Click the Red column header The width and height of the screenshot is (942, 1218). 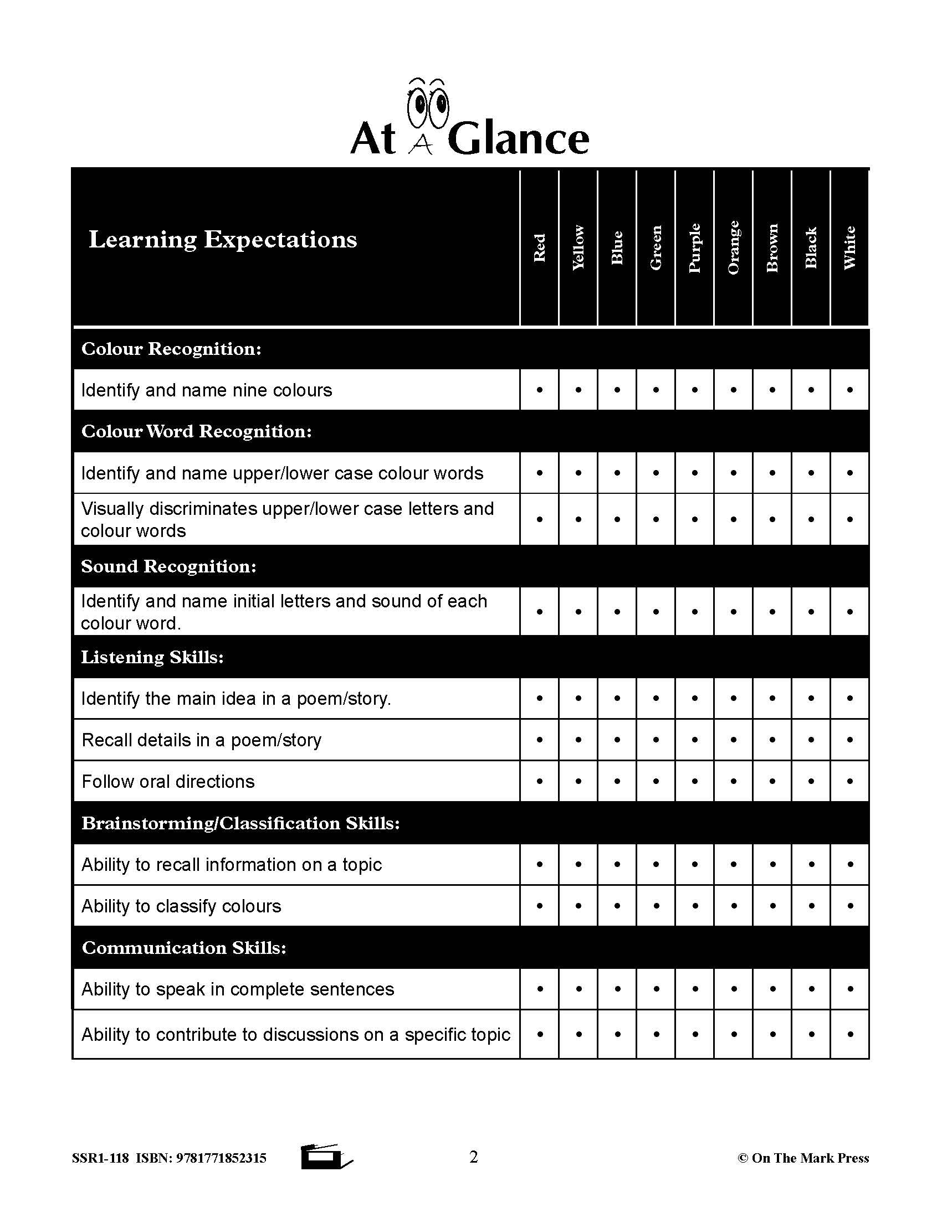pos(539,248)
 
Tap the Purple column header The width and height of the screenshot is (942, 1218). pos(694,248)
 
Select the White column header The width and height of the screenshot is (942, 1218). pos(849,248)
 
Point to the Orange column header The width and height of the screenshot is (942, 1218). pos(733,248)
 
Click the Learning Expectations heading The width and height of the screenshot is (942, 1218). pos(223,240)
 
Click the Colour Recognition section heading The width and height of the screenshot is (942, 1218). pos(171,349)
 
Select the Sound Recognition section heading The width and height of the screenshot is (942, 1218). pos(168,566)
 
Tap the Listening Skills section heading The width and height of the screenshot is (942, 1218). pos(152,658)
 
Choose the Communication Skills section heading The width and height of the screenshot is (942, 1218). pos(184,948)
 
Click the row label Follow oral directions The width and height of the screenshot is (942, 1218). pos(168,782)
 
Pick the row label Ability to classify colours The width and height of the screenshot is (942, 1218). pos(181,906)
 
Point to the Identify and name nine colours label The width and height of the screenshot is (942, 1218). pos(207,390)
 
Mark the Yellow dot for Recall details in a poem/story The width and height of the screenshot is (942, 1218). pos(578,740)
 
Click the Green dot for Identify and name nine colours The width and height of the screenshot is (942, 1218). pos(656,390)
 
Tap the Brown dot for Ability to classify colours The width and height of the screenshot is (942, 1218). pos(772,906)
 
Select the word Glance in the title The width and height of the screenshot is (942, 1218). pos(518,140)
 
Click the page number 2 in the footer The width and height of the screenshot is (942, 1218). pos(474,1157)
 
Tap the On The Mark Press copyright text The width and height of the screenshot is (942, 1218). pos(803,1158)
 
